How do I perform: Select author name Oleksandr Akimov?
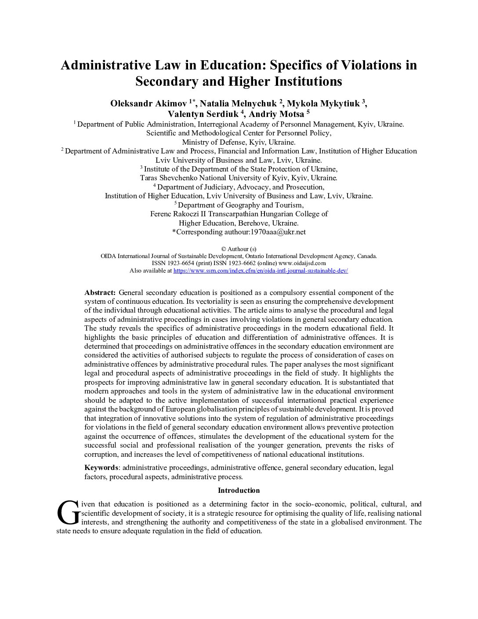148,104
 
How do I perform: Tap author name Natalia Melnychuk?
238,104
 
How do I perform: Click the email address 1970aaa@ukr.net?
278,232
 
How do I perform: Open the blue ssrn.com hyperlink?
261,271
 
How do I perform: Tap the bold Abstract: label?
100,293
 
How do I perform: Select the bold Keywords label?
101,468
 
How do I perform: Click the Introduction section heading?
239,491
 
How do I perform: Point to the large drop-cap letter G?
68,513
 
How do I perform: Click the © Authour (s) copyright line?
239,249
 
